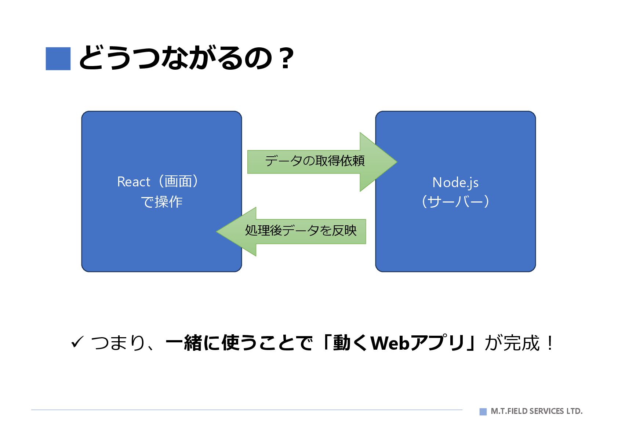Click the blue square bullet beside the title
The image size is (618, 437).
click(x=58, y=59)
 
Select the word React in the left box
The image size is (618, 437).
click(x=134, y=182)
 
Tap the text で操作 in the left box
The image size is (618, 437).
click(x=161, y=202)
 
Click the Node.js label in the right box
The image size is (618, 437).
click(x=455, y=182)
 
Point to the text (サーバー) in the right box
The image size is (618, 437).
click(x=455, y=201)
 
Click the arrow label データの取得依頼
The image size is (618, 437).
click(x=315, y=161)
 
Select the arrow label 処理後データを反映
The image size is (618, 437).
click(x=301, y=230)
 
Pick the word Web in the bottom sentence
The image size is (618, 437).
click(x=390, y=343)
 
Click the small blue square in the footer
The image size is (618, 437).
click(x=483, y=411)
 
